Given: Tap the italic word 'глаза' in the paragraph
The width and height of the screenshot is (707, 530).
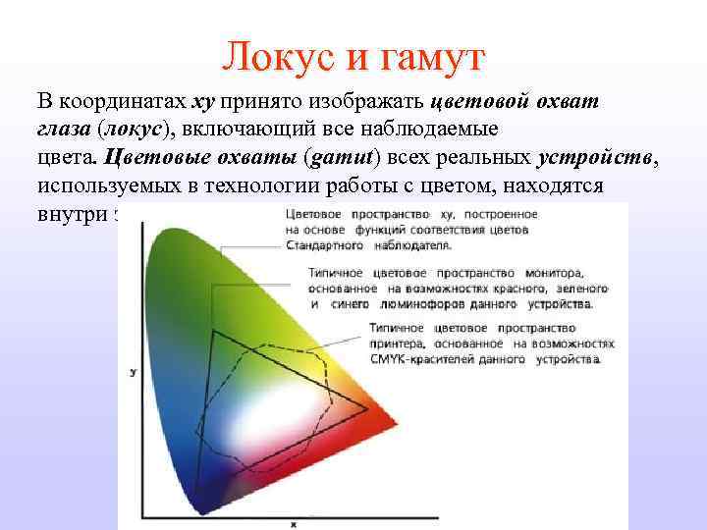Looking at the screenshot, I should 65,130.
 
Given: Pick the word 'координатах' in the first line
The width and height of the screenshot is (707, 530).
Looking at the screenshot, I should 124,102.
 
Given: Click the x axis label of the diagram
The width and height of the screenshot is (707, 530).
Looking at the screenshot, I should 293,523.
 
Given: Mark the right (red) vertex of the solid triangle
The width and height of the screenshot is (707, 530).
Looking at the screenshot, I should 368,407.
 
